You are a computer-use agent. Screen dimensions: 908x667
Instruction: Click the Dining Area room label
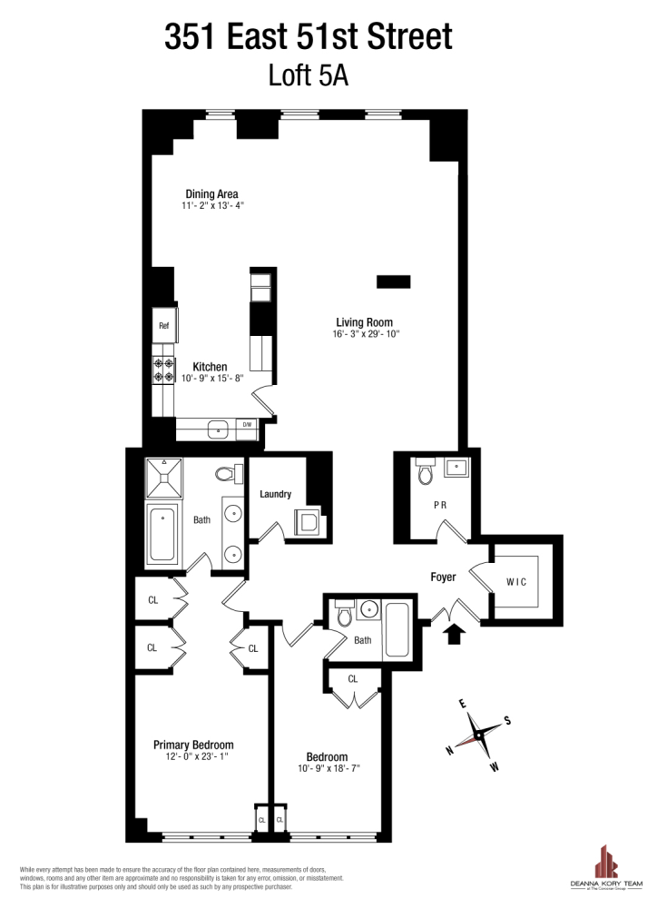(211, 194)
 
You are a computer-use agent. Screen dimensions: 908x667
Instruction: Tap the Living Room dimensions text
(365, 334)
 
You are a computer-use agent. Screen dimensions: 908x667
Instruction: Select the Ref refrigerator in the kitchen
(164, 325)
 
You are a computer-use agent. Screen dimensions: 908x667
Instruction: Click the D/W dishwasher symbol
(246, 424)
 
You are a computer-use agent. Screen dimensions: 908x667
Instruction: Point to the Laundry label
(275, 494)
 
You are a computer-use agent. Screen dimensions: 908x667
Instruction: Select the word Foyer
(443, 577)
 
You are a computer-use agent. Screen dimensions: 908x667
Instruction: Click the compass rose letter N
(449, 749)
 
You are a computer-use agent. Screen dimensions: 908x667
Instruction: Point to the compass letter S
(507, 721)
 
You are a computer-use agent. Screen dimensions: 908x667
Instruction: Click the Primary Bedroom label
(193, 745)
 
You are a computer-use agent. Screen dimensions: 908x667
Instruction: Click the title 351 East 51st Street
(309, 38)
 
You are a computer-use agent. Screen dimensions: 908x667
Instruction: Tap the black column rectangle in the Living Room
(393, 281)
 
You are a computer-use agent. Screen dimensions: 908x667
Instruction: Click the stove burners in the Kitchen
(164, 369)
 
